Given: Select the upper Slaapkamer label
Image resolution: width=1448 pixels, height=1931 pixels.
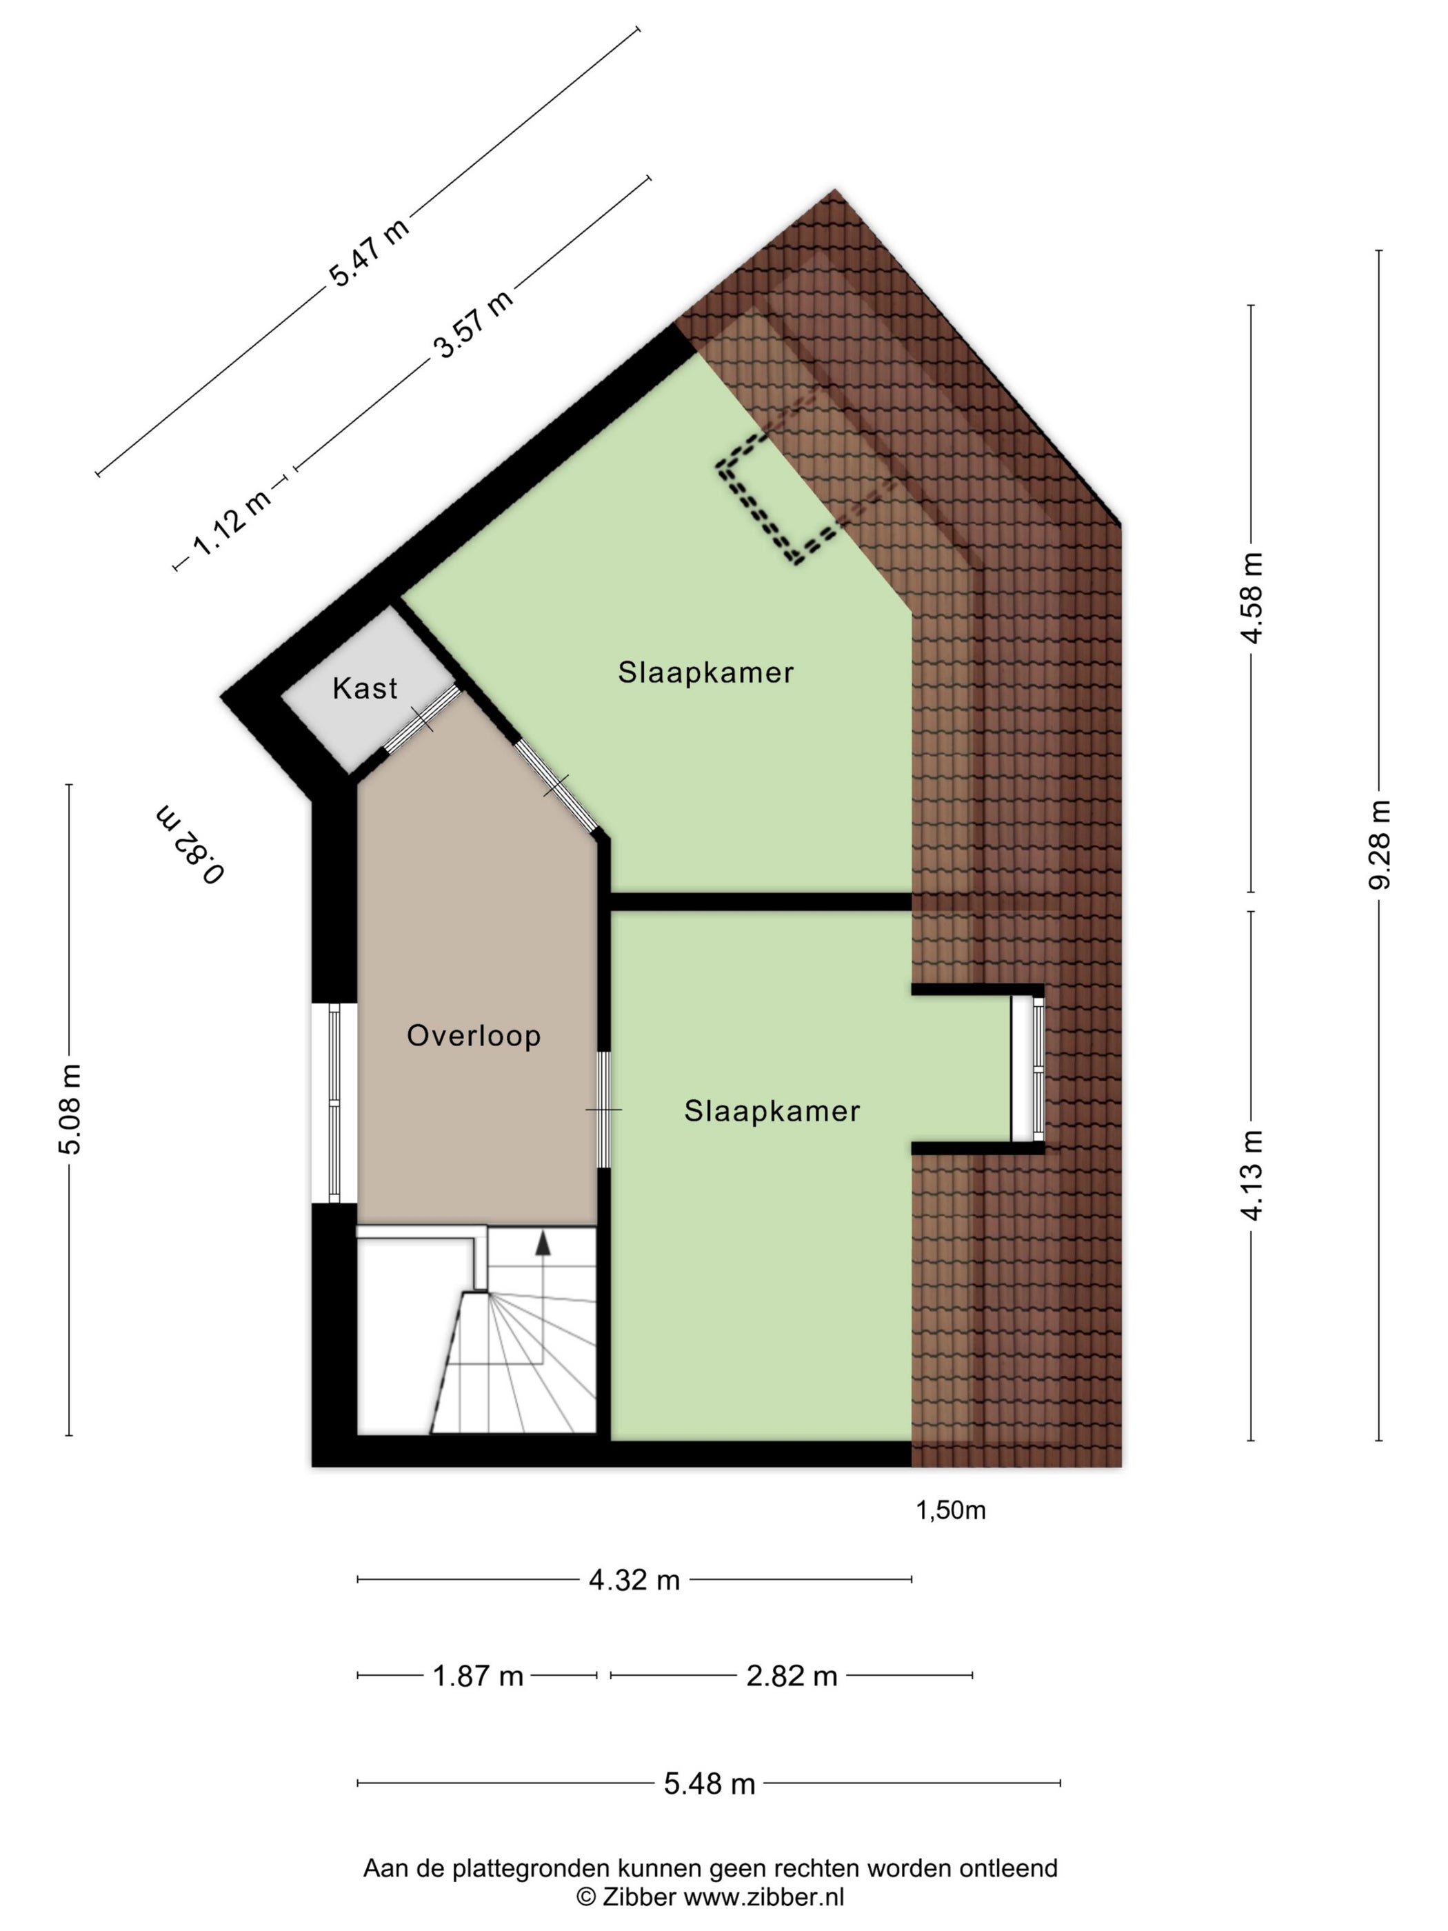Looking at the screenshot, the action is tap(706, 672).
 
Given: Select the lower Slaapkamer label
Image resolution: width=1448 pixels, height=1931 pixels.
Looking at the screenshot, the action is tap(772, 1110).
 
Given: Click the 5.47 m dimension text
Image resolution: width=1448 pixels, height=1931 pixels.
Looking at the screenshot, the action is tap(368, 252).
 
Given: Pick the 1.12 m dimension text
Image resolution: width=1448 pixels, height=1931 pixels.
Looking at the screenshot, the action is tap(231, 522).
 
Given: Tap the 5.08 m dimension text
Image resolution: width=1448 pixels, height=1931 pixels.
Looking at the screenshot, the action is tap(69, 1109).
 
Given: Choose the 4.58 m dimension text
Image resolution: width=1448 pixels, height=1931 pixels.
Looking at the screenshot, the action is tap(1251, 598).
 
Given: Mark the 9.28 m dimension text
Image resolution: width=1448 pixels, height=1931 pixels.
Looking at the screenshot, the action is tap(1379, 844).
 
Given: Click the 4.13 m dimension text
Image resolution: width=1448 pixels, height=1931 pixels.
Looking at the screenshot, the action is tap(1251, 1175).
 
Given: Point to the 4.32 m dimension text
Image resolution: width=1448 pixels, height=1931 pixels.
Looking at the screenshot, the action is tap(634, 1579).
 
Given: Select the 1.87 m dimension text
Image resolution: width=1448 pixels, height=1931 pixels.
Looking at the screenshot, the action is tap(479, 1675).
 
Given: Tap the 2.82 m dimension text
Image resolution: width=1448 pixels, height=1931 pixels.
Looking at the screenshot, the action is tap(792, 1675).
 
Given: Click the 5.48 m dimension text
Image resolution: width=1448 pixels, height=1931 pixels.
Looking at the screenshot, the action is tap(710, 1783).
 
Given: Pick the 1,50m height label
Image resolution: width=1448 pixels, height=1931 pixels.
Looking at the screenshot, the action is tap(950, 1510).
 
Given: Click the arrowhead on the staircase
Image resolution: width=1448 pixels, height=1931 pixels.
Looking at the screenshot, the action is tap(543, 1244).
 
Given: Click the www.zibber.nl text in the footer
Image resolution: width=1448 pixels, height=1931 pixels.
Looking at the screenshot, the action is tap(764, 1897).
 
